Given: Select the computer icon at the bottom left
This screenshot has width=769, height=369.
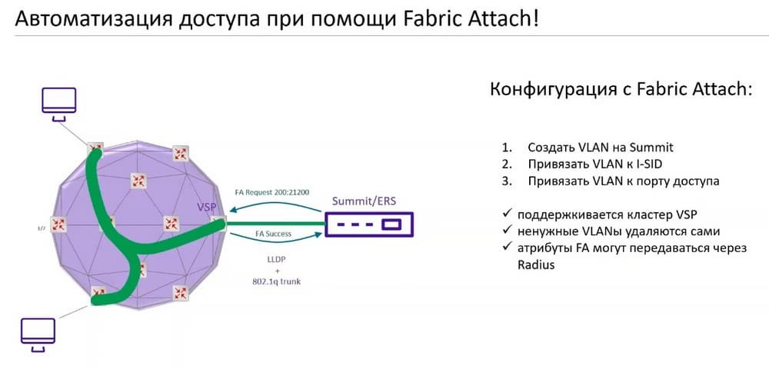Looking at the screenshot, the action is pos(38,334).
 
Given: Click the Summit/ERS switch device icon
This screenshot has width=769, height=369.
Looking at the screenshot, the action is pos(369,224).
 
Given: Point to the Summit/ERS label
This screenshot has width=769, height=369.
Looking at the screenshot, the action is pos(364,201).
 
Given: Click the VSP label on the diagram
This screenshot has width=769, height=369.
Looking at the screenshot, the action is pos(206,208).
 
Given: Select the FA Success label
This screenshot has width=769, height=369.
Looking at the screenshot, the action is pos(273,234).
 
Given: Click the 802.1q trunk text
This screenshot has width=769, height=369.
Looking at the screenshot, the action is pos(273,281).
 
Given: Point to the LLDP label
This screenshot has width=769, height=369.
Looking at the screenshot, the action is pos(273,260).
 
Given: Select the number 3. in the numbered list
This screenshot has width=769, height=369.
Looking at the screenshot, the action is pos(506,181).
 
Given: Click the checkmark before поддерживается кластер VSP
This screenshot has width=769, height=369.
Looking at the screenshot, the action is pos(507,214).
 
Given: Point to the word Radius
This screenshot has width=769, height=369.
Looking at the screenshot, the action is pos(536,265).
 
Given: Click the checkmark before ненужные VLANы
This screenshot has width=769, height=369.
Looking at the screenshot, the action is pos(507,231).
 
